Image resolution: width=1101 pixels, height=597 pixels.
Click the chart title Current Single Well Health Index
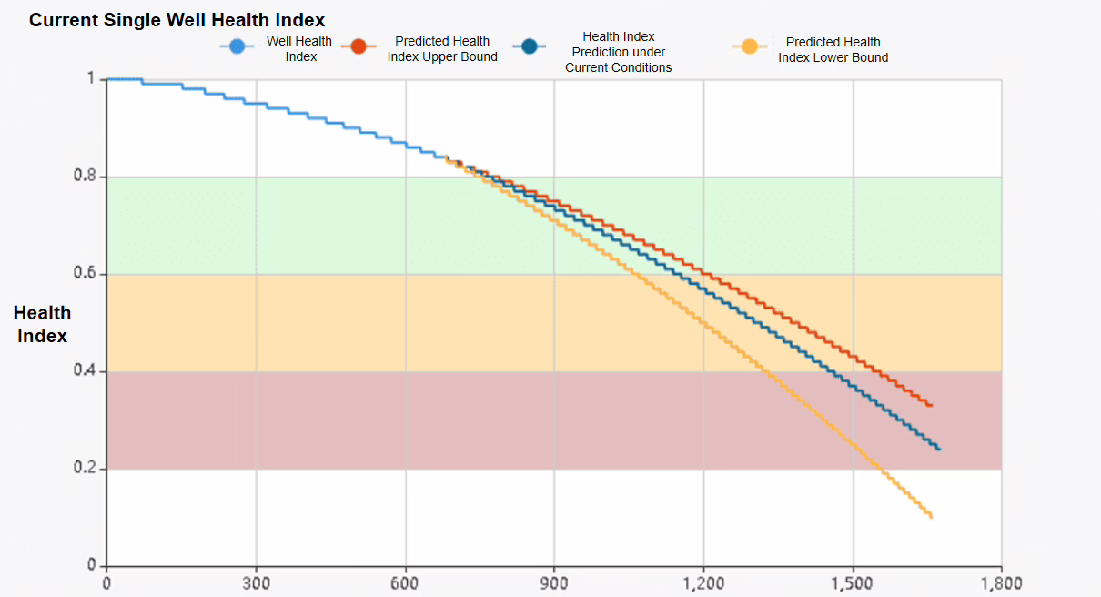coord(177,19)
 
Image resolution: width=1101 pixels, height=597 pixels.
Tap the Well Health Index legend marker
coord(237,47)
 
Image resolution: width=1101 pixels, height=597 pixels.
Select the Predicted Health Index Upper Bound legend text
coord(442,49)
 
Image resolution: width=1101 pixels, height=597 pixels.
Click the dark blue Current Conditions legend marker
coord(529,47)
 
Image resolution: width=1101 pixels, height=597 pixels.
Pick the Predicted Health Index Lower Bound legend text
coord(833,49)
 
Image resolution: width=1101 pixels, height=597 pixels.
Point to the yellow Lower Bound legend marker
coord(749,47)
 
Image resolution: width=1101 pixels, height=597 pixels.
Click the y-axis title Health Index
coord(42,324)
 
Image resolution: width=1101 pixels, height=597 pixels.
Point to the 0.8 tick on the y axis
coord(85,176)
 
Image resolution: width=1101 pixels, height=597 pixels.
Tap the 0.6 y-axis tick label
coord(85,273)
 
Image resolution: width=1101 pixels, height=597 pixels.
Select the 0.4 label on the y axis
coord(85,370)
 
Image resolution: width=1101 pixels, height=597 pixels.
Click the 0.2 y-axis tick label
coord(85,468)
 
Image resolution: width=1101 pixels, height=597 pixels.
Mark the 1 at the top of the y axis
coord(91,78)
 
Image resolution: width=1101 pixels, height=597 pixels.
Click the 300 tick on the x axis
coord(256,583)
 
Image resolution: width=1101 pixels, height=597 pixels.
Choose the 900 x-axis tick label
coord(554,583)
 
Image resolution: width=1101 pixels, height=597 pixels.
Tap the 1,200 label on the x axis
coord(702,583)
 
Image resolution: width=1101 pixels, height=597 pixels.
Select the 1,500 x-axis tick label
coord(853,583)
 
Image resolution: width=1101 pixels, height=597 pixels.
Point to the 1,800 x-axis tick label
coord(1001,583)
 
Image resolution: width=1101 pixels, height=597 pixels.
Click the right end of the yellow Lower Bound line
coord(931,517)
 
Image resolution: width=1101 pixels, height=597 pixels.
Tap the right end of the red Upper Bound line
coord(931,405)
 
